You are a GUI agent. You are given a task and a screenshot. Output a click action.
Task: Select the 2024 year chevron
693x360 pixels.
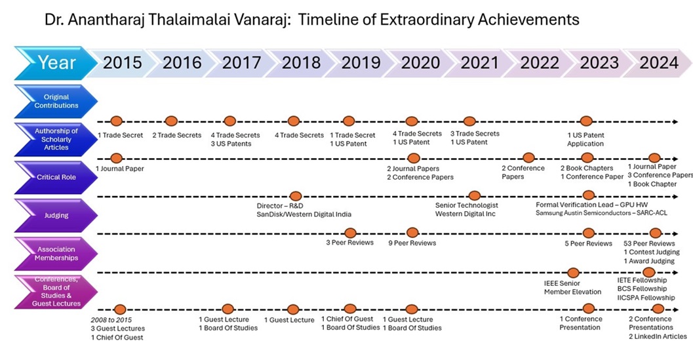point(658,63)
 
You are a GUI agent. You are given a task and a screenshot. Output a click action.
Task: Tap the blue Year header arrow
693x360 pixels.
point(56,63)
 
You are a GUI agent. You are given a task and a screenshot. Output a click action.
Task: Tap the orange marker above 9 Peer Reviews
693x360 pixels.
point(412,233)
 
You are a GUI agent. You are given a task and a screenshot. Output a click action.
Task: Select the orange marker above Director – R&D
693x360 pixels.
point(295,195)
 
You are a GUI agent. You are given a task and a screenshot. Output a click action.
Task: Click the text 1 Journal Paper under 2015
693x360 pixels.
point(120,169)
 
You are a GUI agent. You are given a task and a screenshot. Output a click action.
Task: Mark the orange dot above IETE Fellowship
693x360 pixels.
point(649,272)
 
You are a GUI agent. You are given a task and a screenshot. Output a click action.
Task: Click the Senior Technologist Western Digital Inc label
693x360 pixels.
point(466,210)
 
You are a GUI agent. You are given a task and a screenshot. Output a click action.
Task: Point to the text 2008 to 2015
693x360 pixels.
point(112,319)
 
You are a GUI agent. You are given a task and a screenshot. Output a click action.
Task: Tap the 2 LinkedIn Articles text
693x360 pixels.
point(658,336)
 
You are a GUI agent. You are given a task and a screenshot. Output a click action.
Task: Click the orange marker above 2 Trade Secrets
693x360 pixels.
point(171,121)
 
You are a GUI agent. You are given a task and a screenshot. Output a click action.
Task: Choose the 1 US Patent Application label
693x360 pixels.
point(585,139)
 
